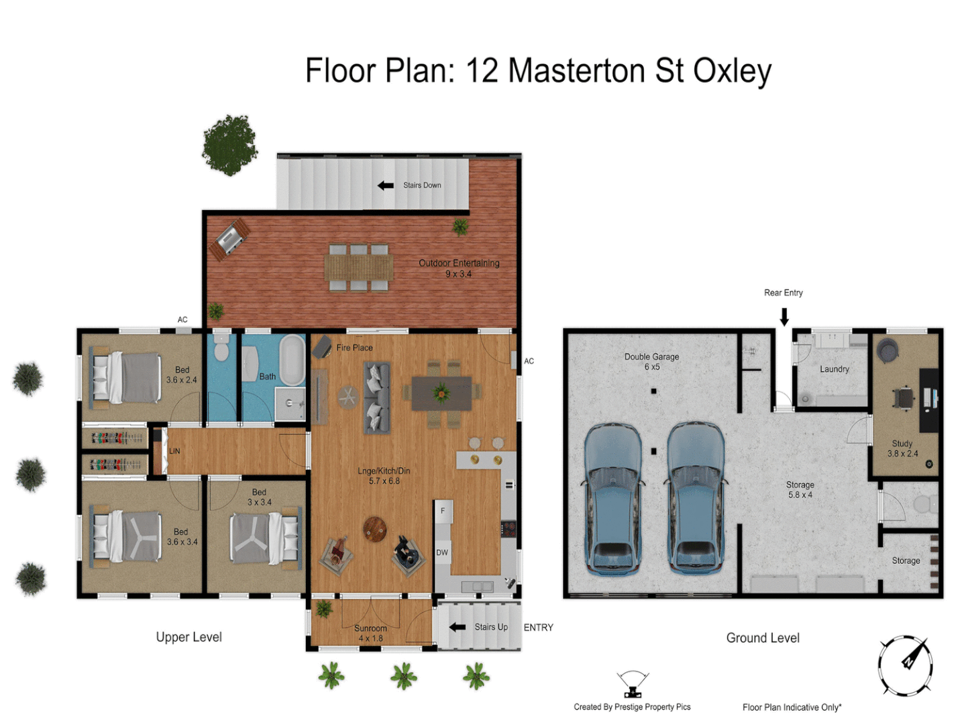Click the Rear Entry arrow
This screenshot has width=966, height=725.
click(x=784, y=316)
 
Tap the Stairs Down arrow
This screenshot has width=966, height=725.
click(x=386, y=185)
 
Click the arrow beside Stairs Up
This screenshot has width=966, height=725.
click(x=458, y=627)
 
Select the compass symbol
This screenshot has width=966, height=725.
click(x=906, y=665)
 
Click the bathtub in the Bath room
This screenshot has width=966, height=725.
click(x=292, y=360)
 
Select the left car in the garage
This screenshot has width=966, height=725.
click(x=612, y=498)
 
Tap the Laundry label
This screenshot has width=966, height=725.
click(x=834, y=369)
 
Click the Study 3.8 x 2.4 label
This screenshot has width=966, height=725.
click(x=902, y=448)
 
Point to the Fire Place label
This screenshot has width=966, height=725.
click(x=354, y=348)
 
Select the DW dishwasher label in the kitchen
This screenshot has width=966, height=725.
click(x=442, y=552)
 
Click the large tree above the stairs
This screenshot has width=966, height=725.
click(x=230, y=145)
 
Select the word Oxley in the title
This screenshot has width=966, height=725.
click(x=732, y=71)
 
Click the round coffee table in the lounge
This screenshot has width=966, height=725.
click(x=374, y=529)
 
